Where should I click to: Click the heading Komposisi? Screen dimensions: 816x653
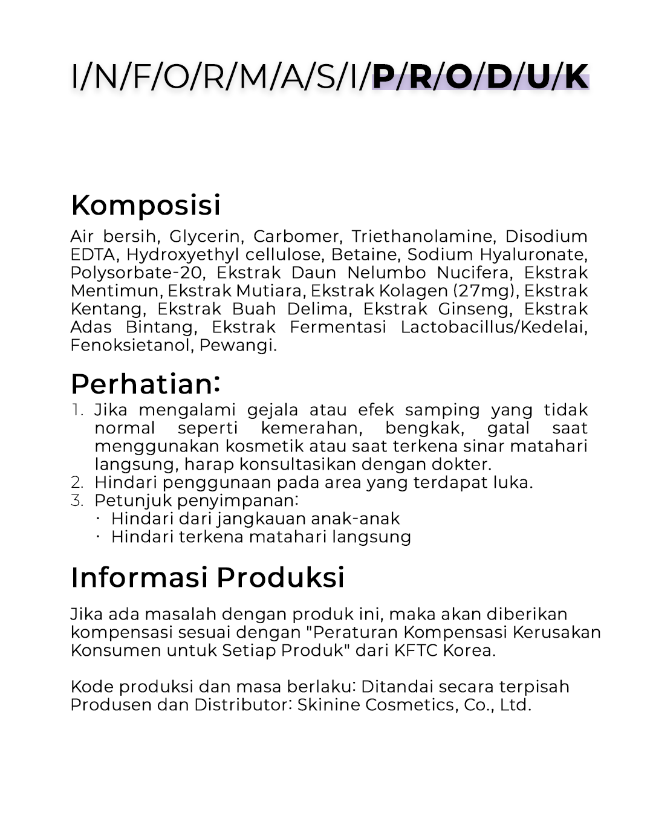coord(146,206)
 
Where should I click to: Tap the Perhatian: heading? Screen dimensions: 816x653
coord(145,384)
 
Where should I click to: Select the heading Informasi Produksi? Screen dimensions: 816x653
coord(207,577)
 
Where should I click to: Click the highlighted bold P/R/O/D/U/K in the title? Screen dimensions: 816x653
coord(480,77)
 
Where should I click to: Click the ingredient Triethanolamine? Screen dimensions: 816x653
coord(422,236)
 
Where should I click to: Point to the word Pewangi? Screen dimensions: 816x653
coord(238,346)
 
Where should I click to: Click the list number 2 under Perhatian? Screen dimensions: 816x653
coord(77,482)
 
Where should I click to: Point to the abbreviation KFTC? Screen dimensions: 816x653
coord(415,650)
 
